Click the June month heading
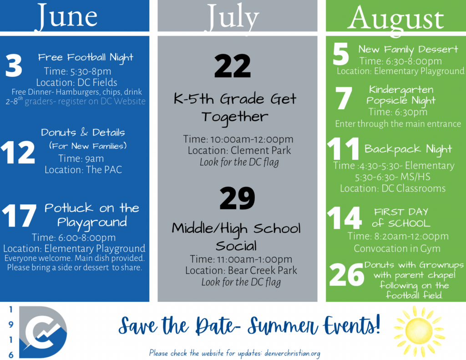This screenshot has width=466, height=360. pyautogui.click(x=67, y=16)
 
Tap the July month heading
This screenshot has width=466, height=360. pyautogui.click(x=233, y=17)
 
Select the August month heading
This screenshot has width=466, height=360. pyautogui.click(x=396, y=19)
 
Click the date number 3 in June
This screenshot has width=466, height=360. pyautogui.click(x=14, y=66)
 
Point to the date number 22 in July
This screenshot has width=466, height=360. pyautogui.click(x=233, y=66)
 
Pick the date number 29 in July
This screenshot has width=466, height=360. pyautogui.click(x=237, y=198)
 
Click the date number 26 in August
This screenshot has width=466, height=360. pyautogui.click(x=346, y=275)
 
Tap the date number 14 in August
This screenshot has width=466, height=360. pyautogui.click(x=344, y=218)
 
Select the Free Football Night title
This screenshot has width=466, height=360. pyautogui.click(x=86, y=57)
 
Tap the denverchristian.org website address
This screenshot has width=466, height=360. pyautogui.click(x=292, y=353)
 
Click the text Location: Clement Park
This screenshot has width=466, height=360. pyautogui.click(x=239, y=151)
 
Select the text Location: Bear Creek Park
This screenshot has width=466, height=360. pyautogui.click(x=241, y=270)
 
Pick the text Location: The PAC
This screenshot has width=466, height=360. pyautogui.click(x=83, y=170)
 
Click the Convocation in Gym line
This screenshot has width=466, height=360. pyautogui.click(x=397, y=248)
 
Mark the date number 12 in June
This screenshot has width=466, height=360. pyautogui.click(x=18, y=152)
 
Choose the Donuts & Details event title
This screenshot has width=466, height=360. pyautogui.click(x=83, y=132)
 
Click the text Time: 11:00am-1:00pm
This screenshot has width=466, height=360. pyautogui.click(x=241, y=259)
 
